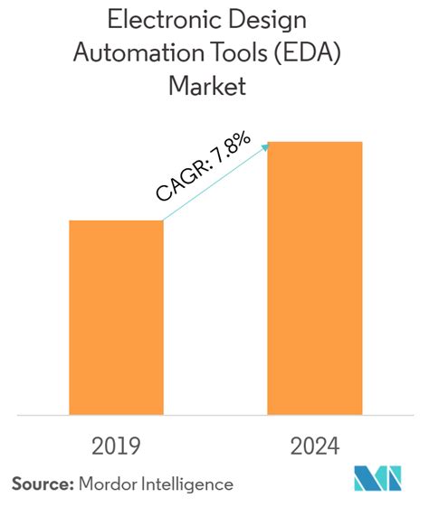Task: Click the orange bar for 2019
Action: click(116, 316)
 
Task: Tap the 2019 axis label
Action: click(116, 446)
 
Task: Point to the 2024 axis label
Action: click(314, 446)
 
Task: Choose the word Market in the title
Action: click(214, 87)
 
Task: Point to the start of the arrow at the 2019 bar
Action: click(164, 220)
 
